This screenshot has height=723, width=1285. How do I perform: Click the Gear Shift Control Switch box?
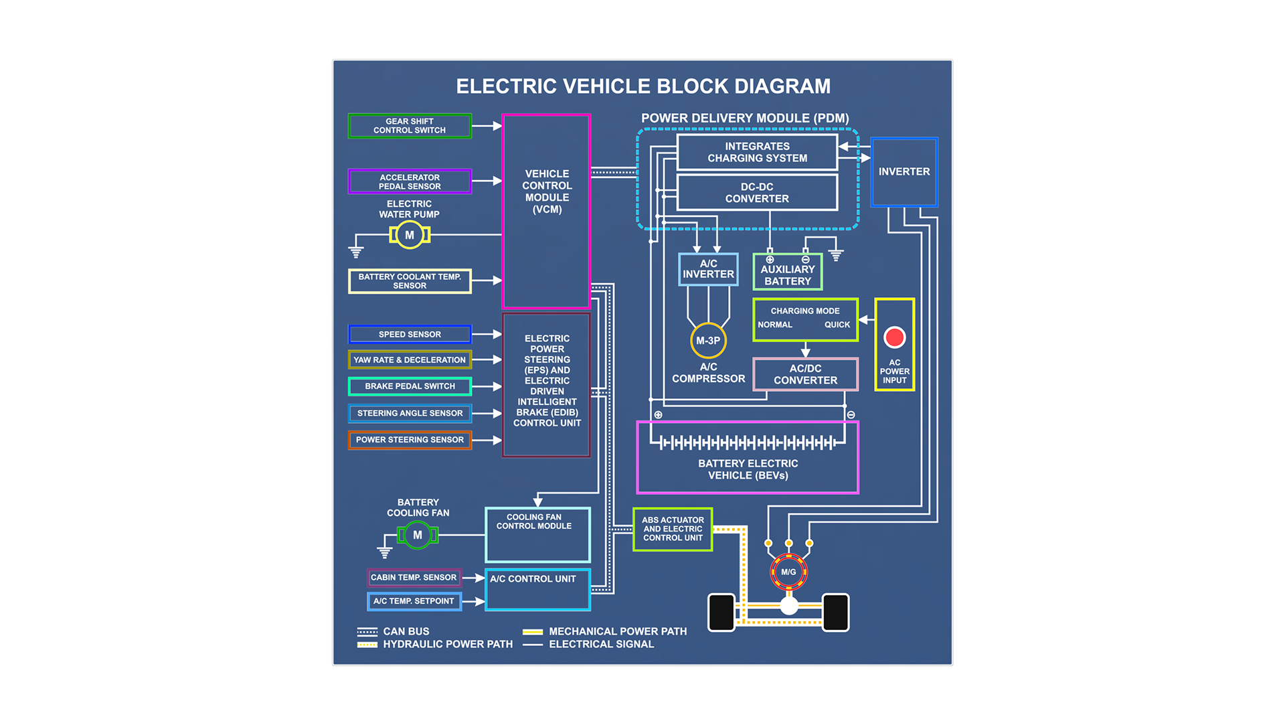coord(410,126)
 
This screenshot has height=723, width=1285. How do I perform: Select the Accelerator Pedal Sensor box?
coord(410,181)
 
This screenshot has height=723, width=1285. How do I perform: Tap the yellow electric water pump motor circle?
coord(410,235)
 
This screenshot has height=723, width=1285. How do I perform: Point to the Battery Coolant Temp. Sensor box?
coord(410,281)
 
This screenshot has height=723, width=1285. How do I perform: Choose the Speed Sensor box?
coord(410,334)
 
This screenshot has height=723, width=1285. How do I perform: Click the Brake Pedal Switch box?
coord(410,386)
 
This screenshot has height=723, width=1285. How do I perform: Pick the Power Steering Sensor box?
coord(410,440)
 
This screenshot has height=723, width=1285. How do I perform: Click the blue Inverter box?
coord(904,172)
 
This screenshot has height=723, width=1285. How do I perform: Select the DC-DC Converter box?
coord(757,193)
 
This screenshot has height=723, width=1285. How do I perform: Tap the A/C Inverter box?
coord(708,269)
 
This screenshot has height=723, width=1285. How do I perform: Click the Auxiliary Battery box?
coord(787,272)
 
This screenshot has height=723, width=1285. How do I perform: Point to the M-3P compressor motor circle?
coord(708,341)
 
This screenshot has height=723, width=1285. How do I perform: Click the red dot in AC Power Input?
coord(894,337)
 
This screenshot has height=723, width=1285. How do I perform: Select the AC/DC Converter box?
coord(805,374)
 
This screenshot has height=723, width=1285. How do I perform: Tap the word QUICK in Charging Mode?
coord(837,325)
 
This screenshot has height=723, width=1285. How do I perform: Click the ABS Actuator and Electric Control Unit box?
coord(673,529)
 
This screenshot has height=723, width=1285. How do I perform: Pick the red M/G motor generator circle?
coord(788,572)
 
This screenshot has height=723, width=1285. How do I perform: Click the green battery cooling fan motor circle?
coord(418,535)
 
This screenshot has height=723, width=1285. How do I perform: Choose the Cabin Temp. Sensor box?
coord(414,577)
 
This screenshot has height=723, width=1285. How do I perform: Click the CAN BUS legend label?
coord(406,631)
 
